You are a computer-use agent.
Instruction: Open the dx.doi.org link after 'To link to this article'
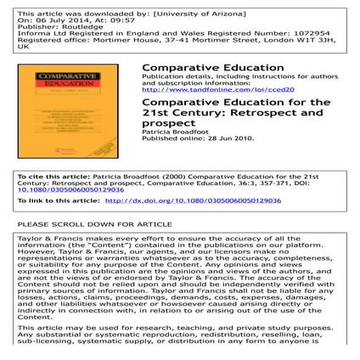[x=205, y=200]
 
